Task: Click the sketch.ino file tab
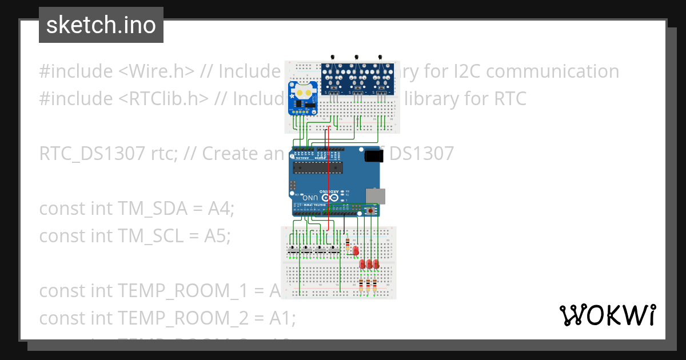(101, 25)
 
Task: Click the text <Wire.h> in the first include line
(157, 71)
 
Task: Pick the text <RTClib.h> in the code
(163, 99)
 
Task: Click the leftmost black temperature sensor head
(333, 57)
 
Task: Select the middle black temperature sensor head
(357, 57)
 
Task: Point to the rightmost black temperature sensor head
(380, 57)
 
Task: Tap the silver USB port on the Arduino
(376, 195)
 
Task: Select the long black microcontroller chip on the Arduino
(317, 167)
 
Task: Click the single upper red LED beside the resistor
(356, 250)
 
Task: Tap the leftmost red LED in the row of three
(362, 264)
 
